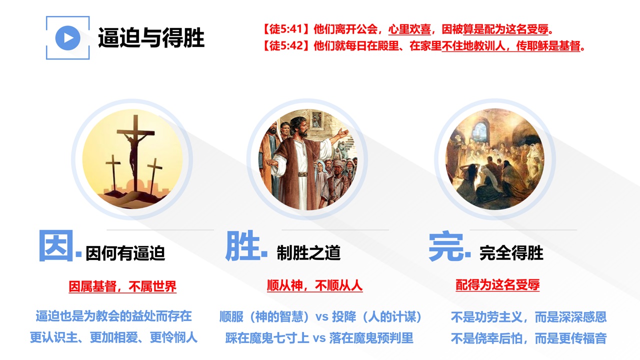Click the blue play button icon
point(67,38)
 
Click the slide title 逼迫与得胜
point(151,37)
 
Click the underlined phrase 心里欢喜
point(409,29)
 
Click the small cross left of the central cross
point(113,173)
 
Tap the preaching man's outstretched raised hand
point(343,133)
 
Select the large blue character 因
point(56,245)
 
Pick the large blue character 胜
point(242,245)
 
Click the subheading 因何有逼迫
point(125,253)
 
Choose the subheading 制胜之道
point(308,253)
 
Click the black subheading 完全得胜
point(511,253)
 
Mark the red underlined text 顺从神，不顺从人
point(314,285)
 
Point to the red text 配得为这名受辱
point(497,285)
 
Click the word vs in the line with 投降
point(322,317)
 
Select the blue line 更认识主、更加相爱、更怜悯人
point(113,337)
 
